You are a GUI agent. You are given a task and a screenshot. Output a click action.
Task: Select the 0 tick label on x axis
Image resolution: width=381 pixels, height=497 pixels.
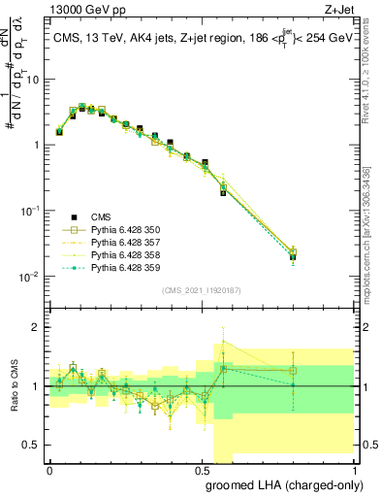pyautogui.click(x=49, y=469)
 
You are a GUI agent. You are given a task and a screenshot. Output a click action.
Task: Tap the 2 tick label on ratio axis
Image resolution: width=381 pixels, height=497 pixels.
pyautogui.click(x=38, y=327)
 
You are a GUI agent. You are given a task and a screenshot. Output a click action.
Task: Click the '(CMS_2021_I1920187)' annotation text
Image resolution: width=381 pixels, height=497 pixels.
pyautogui.click(x=201, y=289)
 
